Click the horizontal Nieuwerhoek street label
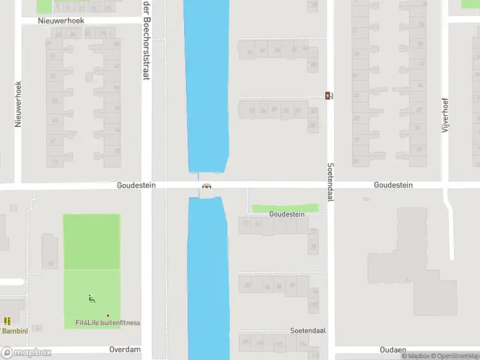(x=61, y=20)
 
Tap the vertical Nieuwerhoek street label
(x=18, y=104)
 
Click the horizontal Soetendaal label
(x=307, y=331)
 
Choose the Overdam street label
(x=125, y=349)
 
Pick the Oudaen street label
(x=393, y=349)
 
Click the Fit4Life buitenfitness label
(x=108, y=323)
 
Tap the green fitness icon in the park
(x=92, y=298)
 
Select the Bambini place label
(x=11, y=331)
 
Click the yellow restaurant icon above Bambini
(x=8, y=322)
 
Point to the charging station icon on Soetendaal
(x=329, y=95)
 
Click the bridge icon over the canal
(x=207, y=187)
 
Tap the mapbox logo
(x=26, y=353)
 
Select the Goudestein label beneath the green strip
(x=287, y=214)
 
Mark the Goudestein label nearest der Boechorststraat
(x=136, y=185)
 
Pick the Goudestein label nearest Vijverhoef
(x=393, y=185)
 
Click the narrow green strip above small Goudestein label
(x=285, y=208)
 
